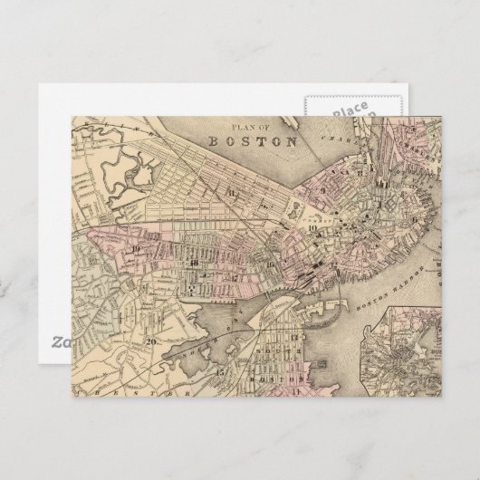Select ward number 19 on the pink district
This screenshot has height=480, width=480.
click(x=135, y=248)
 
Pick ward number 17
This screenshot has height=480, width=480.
click(x=233, y=276)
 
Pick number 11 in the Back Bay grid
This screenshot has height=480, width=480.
click(x=233, y=192)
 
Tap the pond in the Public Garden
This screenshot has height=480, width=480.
click(x=296, y=209)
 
